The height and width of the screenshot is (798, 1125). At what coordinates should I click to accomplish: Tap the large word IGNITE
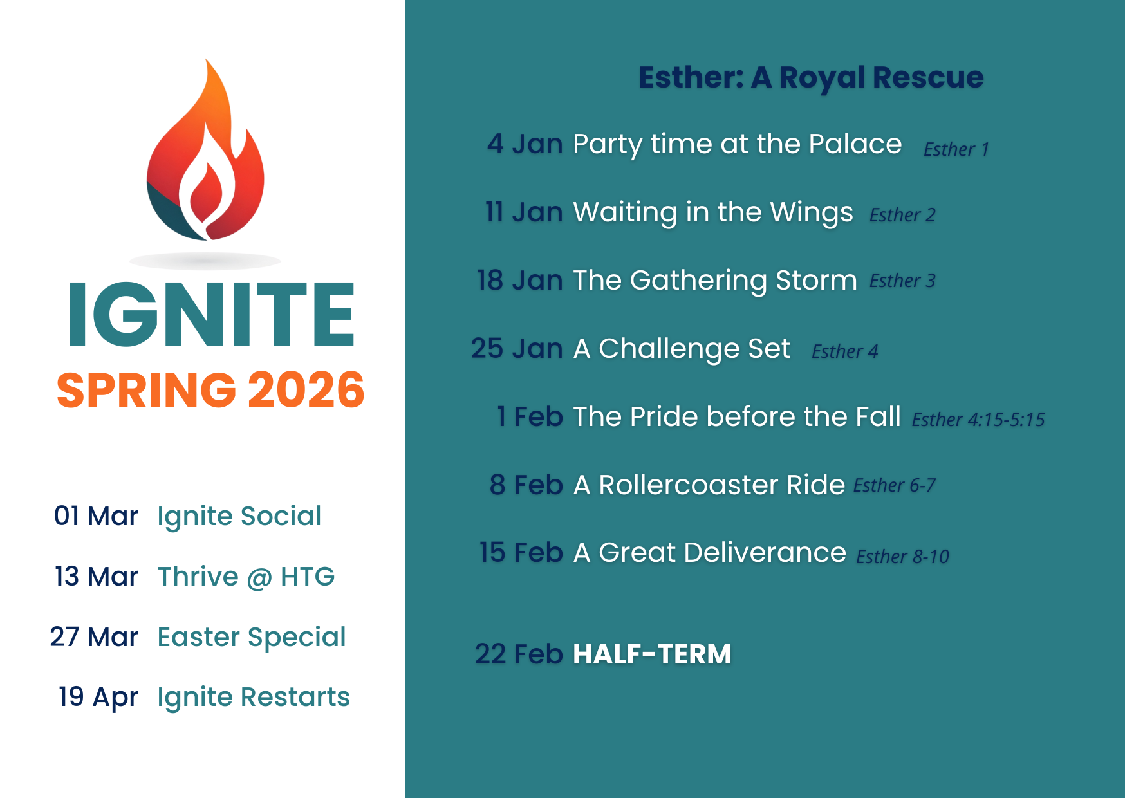tap(211, 315)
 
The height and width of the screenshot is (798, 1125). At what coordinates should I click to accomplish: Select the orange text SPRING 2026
tap(210, 391)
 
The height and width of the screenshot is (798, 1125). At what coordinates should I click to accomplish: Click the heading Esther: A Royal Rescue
tap(811, 77)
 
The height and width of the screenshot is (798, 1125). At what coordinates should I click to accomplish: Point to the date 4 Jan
tap(525, 144)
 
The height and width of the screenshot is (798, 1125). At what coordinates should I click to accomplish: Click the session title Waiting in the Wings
tap(713, 212)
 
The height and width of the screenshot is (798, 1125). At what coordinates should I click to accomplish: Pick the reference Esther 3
tap(902, 281)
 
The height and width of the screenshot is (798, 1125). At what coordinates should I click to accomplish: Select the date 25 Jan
tap(517, 348)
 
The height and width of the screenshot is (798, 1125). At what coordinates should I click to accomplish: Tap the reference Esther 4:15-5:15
tap(978, 420)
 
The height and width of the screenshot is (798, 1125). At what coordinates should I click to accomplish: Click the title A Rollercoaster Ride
tap(709, 485)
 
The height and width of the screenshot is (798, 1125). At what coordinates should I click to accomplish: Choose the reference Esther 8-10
tap(902, 556)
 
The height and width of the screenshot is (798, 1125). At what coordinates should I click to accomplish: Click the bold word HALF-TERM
tap(652, 654)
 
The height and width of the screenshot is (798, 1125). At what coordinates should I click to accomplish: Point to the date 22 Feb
tap(519, 654)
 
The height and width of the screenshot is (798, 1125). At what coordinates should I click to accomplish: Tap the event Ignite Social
tap(239, 516)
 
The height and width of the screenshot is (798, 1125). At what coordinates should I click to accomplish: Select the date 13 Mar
tap(97, 577)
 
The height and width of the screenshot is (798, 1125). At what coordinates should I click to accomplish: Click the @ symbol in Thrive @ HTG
tap(259, 578)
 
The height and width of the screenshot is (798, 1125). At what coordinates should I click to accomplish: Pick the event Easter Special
tap(252, 637)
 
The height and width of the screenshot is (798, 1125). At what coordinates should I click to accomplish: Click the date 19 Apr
tap(98, 697)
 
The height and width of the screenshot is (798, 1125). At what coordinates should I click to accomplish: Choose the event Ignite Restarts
tap(254, 697)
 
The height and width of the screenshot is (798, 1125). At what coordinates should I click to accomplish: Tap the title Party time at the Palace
tap(737, 144)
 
